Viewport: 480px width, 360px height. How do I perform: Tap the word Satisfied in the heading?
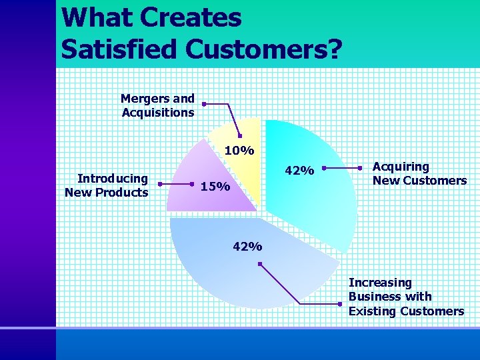click(119, 49)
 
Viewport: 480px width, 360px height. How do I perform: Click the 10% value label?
click(239, 151)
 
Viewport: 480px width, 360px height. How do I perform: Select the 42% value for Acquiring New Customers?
click(299, 171)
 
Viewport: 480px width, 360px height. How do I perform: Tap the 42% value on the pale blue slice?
click(247, 247)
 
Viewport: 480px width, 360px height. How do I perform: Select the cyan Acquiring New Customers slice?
click(313, 200)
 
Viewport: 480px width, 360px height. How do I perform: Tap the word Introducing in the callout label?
click(113, 178)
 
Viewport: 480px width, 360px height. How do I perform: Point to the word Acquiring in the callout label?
click(401, 167)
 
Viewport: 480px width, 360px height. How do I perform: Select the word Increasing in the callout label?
click(380, 283)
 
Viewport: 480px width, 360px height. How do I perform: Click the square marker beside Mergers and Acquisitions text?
click(204, 103)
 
